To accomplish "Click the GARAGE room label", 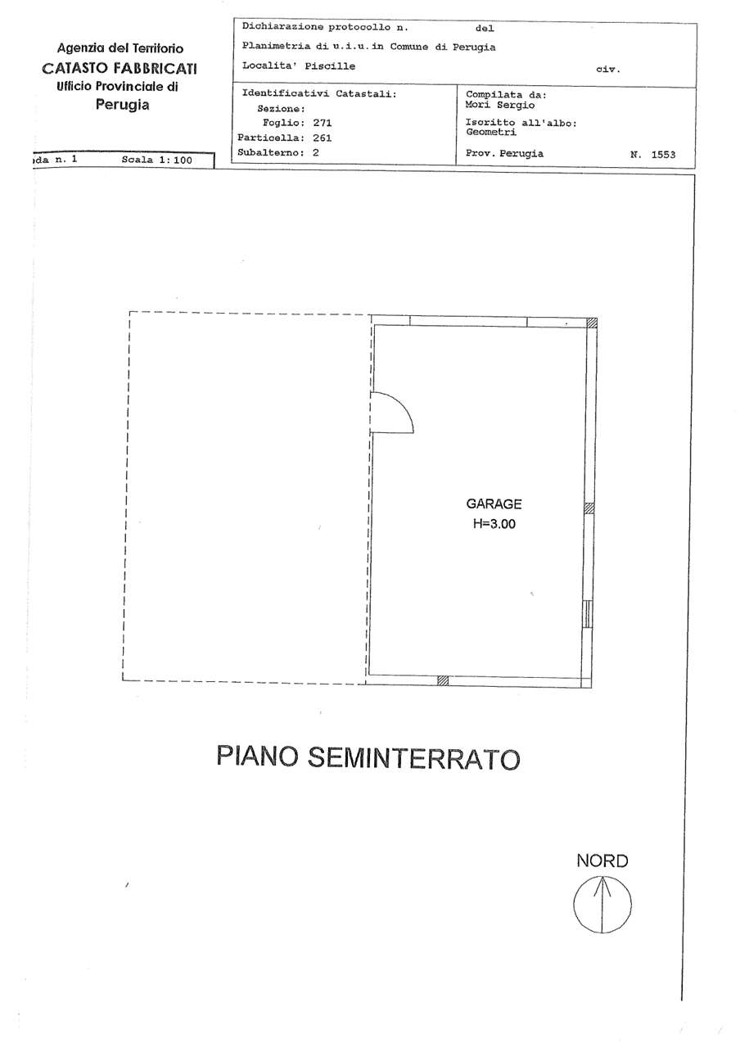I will tap(494, 504).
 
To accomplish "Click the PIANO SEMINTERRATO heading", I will tap(368, 757).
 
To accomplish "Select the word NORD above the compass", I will tap(602, 861).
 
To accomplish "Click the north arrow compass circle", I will tap(602, 905).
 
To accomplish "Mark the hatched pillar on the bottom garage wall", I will tap(443, 680).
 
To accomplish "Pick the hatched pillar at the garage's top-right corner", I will tap(592, 323).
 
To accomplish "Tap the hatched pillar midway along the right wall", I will tap(588, 508).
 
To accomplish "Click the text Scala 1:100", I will tap(156, 160).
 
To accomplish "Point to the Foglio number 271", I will tap(315, 123).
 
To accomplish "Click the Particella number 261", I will tap(315, 138).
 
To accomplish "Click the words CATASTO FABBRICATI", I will tap(119, 68).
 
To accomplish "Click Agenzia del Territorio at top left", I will tap(120, 49).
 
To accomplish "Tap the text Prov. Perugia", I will tap(503, 153).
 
